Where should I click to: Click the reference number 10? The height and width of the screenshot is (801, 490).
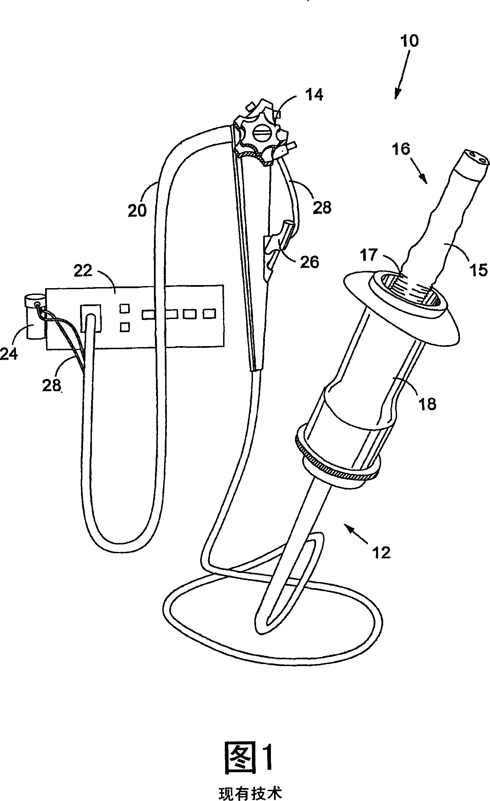410,41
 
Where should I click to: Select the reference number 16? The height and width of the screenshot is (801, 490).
402,149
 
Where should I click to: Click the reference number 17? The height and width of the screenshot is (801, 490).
369,255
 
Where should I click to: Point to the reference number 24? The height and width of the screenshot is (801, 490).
9,355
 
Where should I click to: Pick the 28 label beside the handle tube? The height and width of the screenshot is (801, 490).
321,207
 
